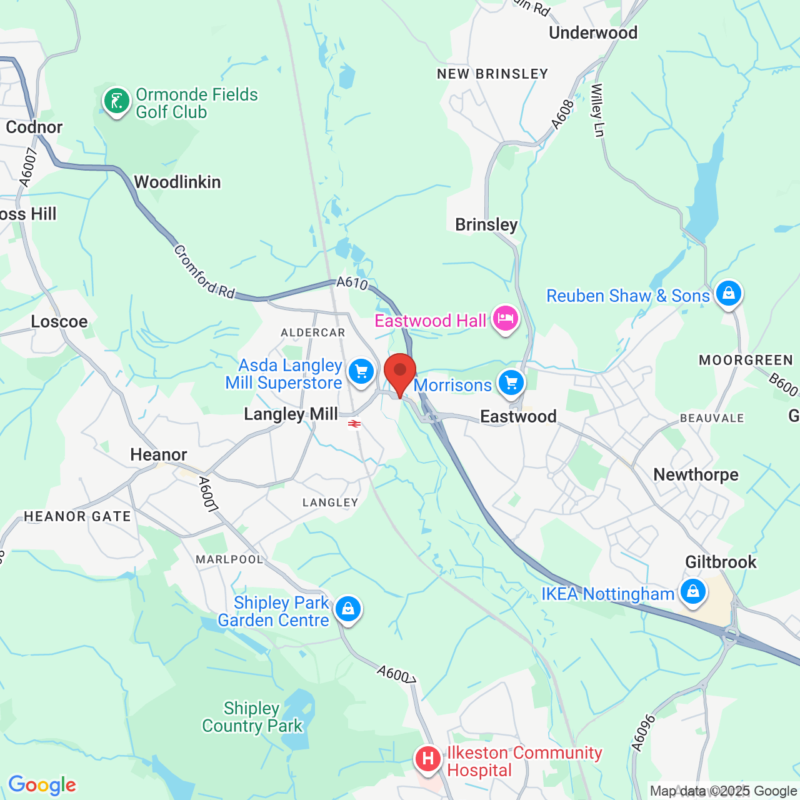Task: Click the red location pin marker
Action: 400,371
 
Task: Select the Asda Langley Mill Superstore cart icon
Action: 361,372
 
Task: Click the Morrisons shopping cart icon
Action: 511,382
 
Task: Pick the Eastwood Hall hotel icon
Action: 505,319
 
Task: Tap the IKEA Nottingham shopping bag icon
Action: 692,591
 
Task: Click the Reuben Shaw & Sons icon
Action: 728,293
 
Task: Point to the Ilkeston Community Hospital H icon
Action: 428,759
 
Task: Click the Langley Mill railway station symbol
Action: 354,424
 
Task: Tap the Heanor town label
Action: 159,454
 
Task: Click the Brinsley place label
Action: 486,225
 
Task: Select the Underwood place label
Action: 593,33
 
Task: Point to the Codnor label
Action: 34,127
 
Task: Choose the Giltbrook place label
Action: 721,562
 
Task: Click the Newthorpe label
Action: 696,475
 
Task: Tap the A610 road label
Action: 352,282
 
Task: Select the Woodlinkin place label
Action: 177,182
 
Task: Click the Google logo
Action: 42,785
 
